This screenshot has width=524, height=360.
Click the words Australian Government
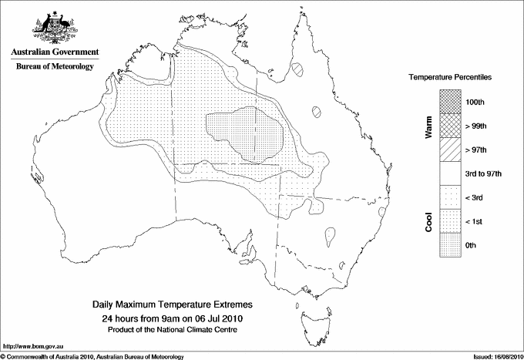54,52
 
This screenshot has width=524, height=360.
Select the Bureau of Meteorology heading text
54,66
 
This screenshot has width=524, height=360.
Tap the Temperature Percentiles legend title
451,79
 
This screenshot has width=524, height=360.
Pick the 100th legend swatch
450,102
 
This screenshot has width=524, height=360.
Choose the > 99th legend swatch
450,126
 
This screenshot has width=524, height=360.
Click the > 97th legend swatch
450,150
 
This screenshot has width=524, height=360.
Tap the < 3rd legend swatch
450,197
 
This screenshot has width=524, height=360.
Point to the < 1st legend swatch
450,221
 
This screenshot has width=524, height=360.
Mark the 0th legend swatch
450,245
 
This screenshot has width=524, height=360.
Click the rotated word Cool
429,221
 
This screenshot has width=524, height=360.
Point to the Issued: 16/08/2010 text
492,355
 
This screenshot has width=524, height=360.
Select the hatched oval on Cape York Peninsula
298,69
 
